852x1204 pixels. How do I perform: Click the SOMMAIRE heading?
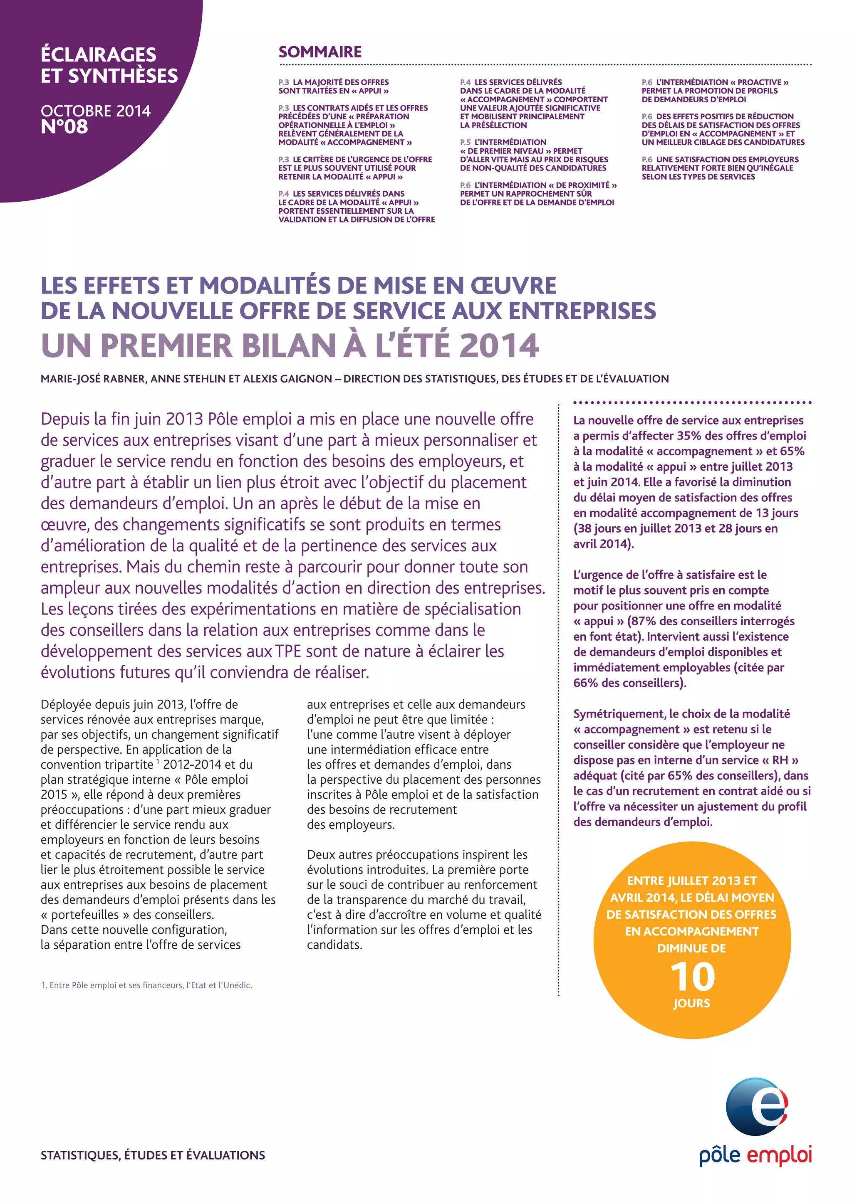click(x=320, y=52)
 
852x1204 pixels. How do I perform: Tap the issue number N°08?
click(x=64, y=127)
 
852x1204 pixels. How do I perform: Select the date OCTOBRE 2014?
click(x=96, y=111)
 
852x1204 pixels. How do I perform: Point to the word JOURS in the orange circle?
click(x=691, y=1003)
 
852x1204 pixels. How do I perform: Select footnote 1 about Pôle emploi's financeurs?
click(x=146, y=985)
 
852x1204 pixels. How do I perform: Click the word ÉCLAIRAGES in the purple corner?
click(x=99, y=54)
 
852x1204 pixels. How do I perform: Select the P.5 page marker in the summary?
click(x=466, y=142)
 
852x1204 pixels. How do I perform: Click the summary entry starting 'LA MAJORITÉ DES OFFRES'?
click(x=341, y=82)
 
